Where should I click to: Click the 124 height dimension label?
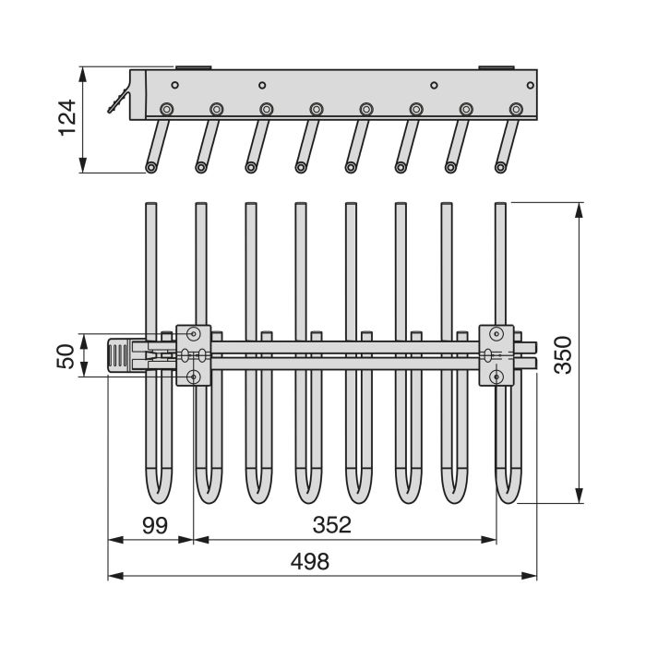click(67, 119)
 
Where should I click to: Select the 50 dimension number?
click(66, 355)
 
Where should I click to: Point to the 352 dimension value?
click(332, 525)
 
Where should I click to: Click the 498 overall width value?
click(309, 562)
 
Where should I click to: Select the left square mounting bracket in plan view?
click(194, 354)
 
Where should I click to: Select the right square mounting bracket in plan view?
click(496, 354)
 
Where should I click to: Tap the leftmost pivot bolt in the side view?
click(167, 109)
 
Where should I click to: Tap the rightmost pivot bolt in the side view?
click(515, 109)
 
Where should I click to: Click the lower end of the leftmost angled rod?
click(150, 167)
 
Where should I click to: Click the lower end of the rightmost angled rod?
click(501, 167)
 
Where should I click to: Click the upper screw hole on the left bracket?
click(194, 333)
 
